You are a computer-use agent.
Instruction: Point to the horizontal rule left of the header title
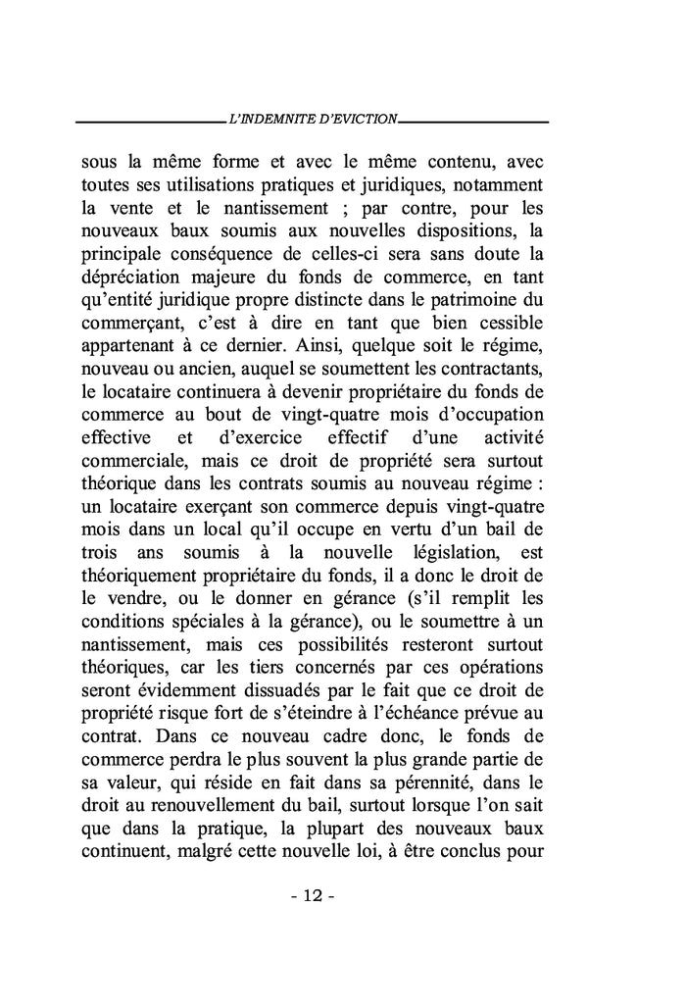[x=149, y=121]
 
